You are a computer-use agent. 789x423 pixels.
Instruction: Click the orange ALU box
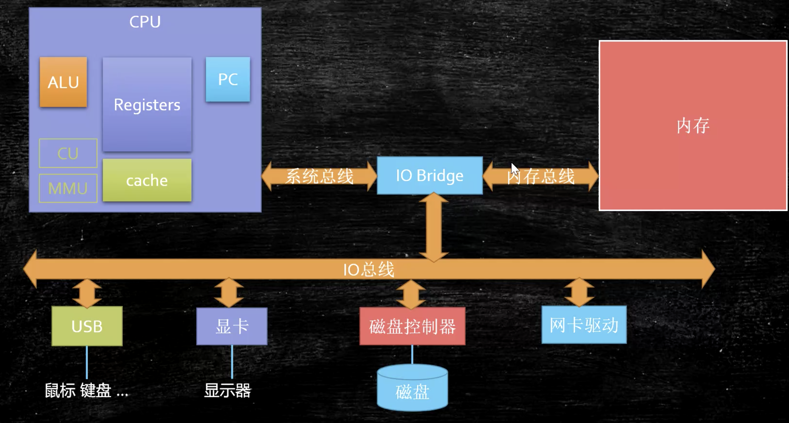point(63,82)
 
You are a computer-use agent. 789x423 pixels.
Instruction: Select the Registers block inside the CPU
point(147,104)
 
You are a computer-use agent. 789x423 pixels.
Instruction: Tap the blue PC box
point(228,79)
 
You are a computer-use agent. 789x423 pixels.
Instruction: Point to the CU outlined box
point(68,153)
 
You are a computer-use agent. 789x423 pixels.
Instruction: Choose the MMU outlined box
point(68,188)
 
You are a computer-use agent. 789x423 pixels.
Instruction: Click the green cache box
point(147,180)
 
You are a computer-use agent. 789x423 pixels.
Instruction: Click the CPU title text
point(145,22)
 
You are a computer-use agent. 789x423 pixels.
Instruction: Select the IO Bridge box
point(430,175)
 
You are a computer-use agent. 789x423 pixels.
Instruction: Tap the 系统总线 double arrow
point(319,176)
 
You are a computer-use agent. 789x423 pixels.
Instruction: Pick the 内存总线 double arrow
point(541,176)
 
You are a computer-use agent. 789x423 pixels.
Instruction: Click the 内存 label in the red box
point(693,126)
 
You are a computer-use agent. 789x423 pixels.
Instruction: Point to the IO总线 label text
point(369,269)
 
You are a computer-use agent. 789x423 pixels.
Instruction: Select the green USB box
point(87,326)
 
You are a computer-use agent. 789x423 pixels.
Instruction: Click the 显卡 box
point(232,326)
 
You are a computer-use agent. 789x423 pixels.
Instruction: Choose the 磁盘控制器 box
point(413,326)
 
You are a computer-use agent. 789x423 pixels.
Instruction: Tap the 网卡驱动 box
point(584,325)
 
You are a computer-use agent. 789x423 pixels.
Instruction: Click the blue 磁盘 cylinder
point(413,387)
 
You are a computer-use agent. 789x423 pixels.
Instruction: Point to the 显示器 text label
point(228,391)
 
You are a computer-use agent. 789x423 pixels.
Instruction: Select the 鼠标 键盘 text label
point(78,391)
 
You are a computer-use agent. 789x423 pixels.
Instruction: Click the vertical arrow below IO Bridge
point(434,227)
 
